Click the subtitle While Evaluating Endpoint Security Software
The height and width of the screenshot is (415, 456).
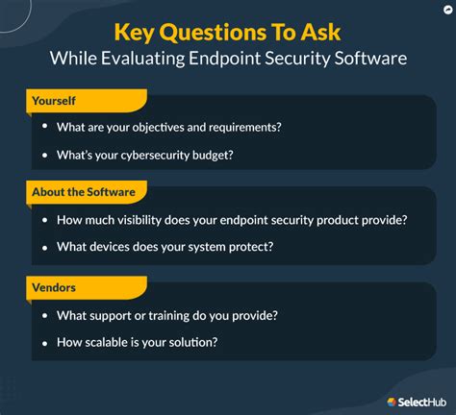[x=228, y=59]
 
